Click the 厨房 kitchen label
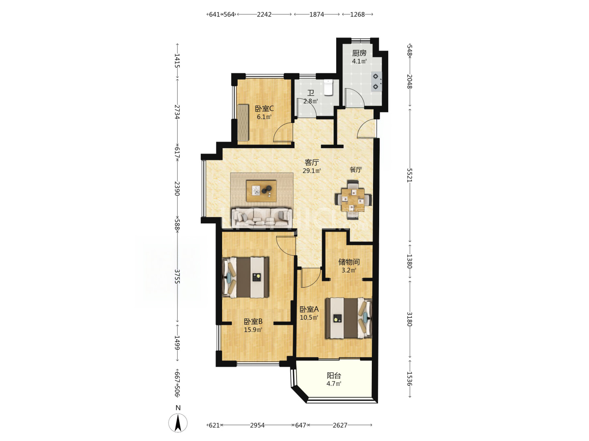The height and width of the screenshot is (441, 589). click(x=359, y=53)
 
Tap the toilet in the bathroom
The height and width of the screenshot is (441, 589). click(x=328, y=87)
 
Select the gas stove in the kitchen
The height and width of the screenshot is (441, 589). click(x=376, y=82)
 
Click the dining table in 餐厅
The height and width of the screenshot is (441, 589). click(x=353, y=200)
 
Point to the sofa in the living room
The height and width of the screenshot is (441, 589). click(x=262, y=218)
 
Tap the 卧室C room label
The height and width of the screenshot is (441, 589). click(x=264, y=109)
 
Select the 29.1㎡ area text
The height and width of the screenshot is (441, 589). click(x=312, y=171)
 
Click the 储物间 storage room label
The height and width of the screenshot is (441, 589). click(x=348, y=262)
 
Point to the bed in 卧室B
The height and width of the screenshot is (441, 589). click(x=245, y=277)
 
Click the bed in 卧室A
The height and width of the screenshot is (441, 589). click(x=348, y=318)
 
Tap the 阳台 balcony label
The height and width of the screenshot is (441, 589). click(x=333, y=375)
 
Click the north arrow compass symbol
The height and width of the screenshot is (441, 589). click(x=178, y=422)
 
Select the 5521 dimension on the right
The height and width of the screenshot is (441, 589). click(x=409, y=175)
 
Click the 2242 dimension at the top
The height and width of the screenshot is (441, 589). click(x=264, y=14)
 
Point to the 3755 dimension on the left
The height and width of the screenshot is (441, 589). click(x=177, y=276)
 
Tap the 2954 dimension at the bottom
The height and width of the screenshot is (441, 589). click(x=257, y=425)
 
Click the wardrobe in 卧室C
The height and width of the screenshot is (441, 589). click(x=55, y=122)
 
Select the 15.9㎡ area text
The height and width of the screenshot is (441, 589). click(x=253, y=330)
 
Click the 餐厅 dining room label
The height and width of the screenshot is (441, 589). click(x=355, y=169)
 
